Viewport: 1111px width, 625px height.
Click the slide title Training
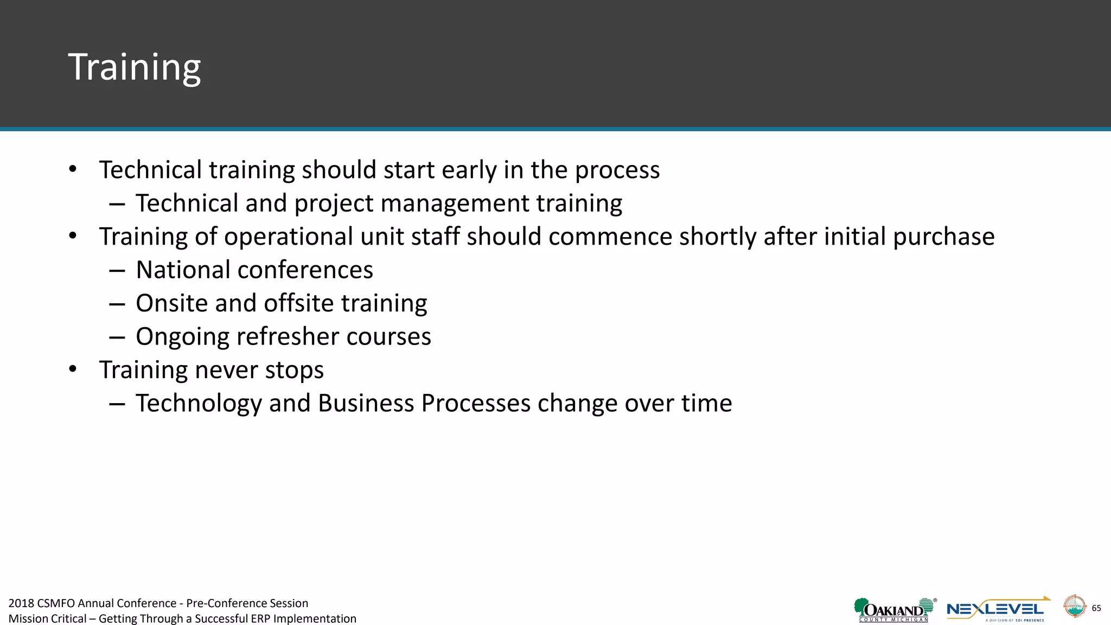click(134, 67)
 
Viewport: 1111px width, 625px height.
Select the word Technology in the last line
click(199, 404)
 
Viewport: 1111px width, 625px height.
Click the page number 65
click(1096, 608)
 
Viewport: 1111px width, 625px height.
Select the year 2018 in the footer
click(21, 603)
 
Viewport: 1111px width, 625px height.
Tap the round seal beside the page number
click(1074, 607)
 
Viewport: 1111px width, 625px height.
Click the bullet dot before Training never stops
click(73, 369)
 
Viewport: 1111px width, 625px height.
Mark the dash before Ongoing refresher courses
click(117, 337)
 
